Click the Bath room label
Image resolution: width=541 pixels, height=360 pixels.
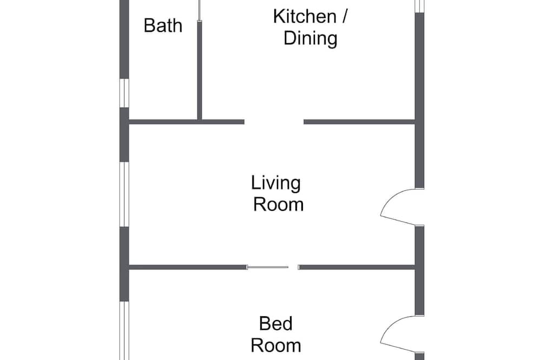[163, 25]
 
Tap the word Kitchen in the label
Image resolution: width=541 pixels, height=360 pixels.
[305, 17]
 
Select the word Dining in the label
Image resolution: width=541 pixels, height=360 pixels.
[310, 38]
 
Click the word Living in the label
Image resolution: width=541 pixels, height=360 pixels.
[276, 183]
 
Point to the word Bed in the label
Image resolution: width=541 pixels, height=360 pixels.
[276, 323]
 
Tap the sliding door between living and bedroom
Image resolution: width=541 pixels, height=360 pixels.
[268, 267]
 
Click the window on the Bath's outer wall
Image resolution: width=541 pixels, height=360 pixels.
[124, 93]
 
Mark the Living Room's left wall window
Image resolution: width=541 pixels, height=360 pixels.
[124, 195]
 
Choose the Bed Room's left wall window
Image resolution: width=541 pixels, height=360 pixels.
[124, 331]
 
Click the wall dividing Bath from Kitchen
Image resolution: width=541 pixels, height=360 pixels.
[200, 70]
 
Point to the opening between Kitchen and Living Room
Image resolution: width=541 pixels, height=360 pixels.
[274, 122]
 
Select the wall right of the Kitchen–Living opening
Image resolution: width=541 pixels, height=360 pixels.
[359, 122]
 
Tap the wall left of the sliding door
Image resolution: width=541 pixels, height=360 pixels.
[188, 267]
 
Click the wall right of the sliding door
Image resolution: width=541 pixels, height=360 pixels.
[357, 267]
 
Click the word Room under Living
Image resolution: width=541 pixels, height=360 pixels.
[279, 204]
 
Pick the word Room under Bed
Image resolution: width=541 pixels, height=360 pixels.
[276, 345]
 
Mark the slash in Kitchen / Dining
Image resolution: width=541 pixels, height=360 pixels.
[344, 17]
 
